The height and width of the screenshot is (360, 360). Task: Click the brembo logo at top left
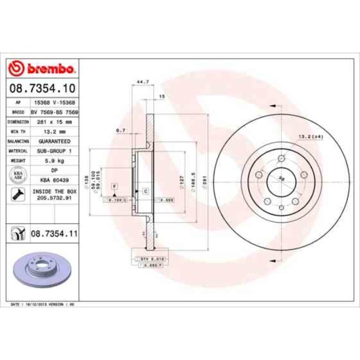pos(43,69)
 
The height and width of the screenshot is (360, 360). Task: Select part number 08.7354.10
pos(43,88)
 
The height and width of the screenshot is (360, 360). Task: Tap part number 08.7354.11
pos(54,235)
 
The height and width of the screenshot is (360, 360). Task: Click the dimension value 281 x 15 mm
pos(54,121)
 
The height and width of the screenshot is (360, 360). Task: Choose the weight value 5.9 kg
pos(54,161)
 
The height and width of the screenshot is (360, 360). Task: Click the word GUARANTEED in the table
pos(54,141)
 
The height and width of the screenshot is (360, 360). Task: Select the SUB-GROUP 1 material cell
pos(54,151)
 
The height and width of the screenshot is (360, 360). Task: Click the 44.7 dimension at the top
pos(142,83)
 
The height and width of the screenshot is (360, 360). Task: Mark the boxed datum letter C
pos(145,191)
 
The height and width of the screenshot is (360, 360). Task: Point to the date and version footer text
pos(43,305)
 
